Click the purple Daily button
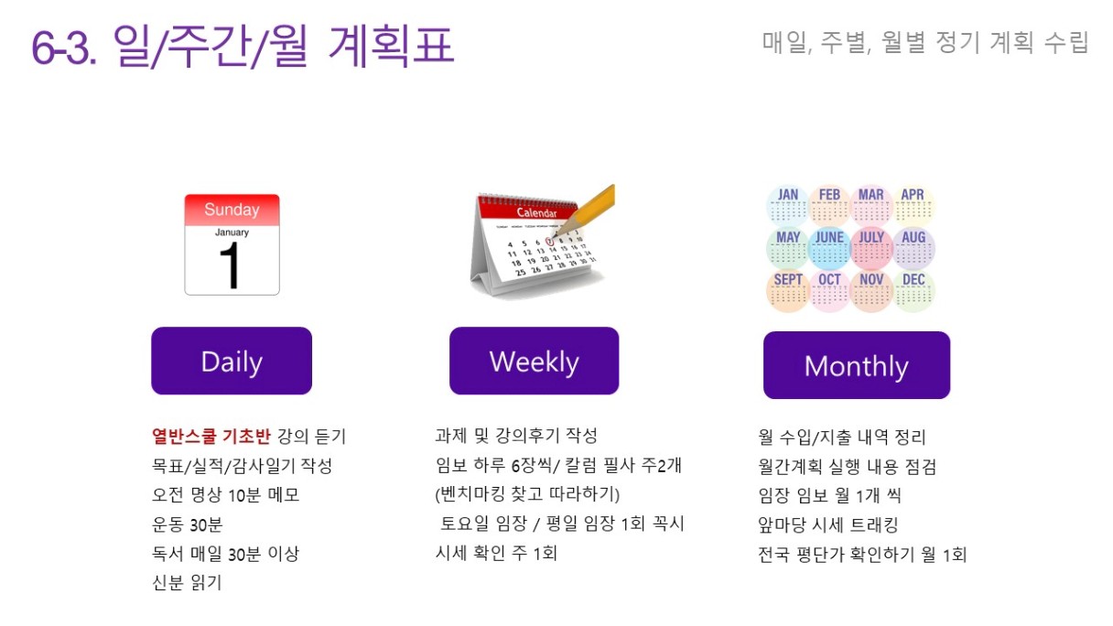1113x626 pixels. point(232,361)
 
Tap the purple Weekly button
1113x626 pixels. point(535,361)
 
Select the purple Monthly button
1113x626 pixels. point(857,365)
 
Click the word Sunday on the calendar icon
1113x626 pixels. point(232,210)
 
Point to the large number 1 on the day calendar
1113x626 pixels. point(230,264)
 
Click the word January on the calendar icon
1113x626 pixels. point(232,232)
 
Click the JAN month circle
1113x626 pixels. point(787,205)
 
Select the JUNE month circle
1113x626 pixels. point(829,248)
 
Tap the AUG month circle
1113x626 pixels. point(913,248)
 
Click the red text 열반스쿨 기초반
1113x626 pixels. point(211,436)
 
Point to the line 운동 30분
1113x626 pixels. point(188,524)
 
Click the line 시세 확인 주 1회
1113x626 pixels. point(496,553)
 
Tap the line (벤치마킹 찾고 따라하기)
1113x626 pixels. point(527,494)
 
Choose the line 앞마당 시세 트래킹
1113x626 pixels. point(827,524)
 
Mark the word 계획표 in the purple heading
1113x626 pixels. point(391,45)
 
